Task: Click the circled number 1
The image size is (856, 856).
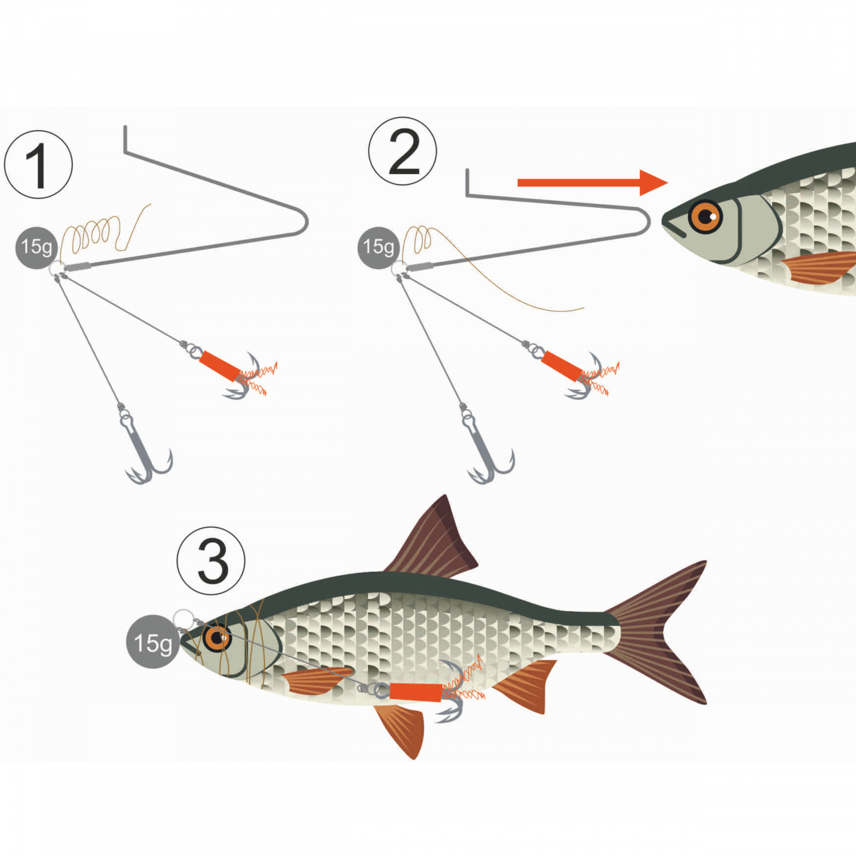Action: pos(38,164)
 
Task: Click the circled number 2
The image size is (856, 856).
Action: pos(403,151)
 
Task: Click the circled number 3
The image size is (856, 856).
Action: pos(211,561)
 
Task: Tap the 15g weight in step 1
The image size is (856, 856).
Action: pos(37,247)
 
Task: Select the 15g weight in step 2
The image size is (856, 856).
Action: pos(378,247)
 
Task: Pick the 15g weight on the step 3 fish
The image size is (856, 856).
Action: pos(152,642)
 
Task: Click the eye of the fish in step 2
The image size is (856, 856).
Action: pos(705,216)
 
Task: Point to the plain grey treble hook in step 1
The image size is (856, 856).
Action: pos(143,457)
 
